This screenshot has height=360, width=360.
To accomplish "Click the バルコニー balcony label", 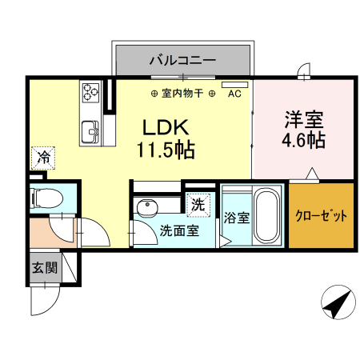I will click(183, 60).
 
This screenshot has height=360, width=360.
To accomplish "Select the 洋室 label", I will click(303, 121).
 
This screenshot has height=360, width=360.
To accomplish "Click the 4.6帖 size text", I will click(303, 142).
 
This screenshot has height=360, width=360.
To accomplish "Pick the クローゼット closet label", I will click(322, 217).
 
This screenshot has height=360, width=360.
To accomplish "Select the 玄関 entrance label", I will click(44, 267).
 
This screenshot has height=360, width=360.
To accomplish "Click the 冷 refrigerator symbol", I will click(45, 158).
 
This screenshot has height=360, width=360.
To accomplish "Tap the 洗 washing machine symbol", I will click(198, 204).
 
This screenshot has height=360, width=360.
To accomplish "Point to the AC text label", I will click(234, 94).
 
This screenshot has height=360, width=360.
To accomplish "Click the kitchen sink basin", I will click(89, 128).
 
